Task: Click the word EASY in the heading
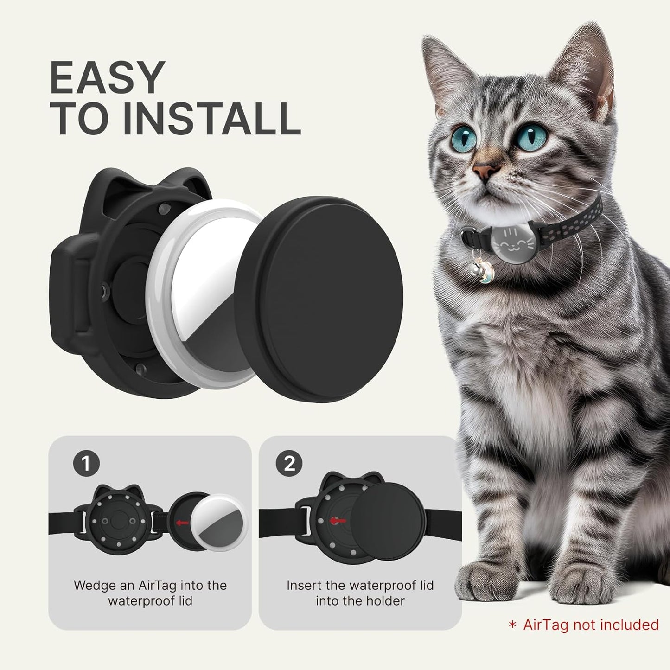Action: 107,78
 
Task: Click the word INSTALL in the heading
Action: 211,119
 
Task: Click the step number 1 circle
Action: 86,463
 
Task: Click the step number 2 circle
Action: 289,463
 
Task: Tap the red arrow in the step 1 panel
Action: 182,523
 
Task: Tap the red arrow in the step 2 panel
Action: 338,521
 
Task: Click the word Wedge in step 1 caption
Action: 94,585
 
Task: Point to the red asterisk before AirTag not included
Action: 512,625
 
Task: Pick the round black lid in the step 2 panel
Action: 388,521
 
